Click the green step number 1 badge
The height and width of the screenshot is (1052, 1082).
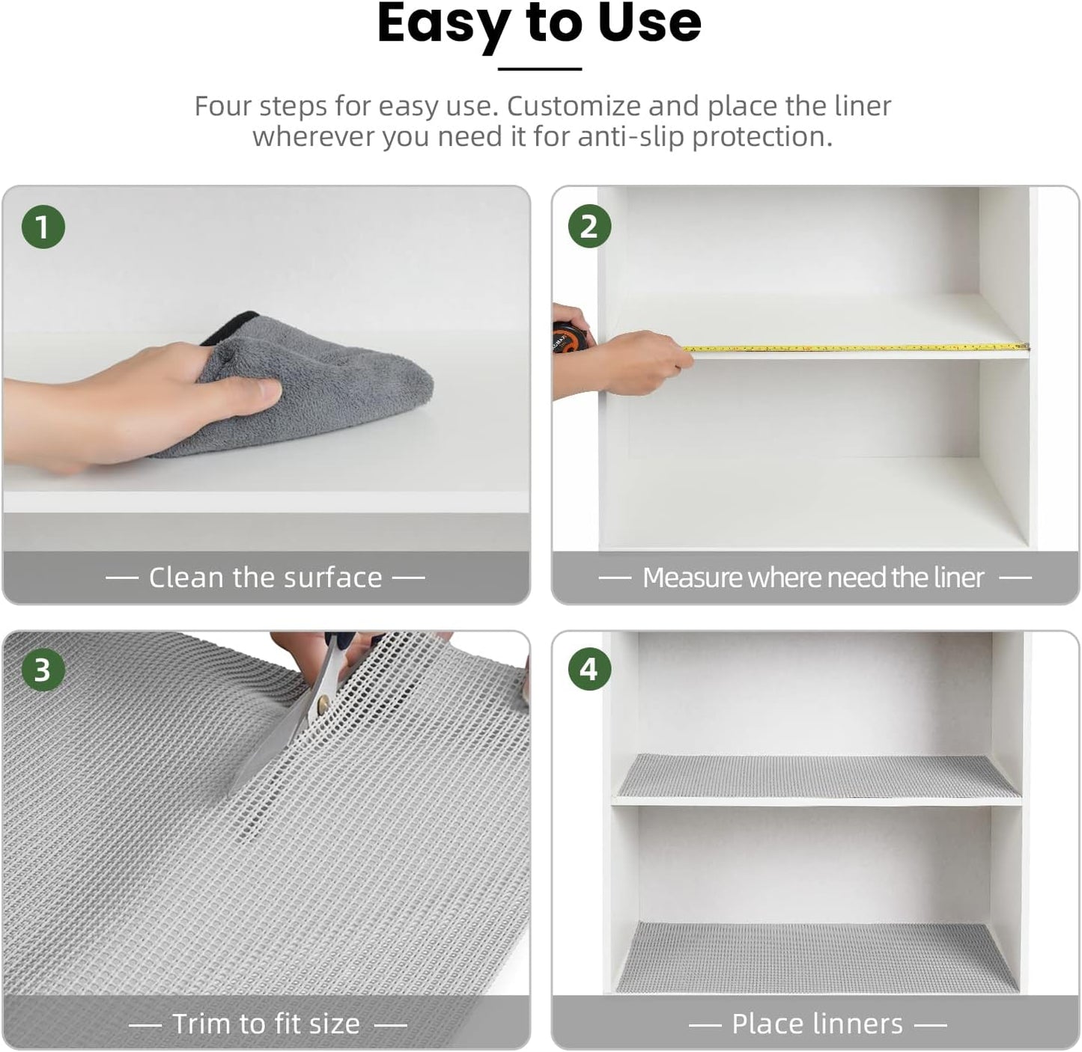(x=43, y=227)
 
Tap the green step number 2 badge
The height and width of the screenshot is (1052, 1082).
(x=589, y=227)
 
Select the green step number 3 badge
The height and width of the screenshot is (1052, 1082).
(x=43, y=670)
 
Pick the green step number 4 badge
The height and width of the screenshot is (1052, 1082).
(x=589, y=670)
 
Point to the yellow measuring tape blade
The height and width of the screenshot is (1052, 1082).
(x=854, y=348)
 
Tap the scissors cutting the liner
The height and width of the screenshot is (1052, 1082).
(x=300, y=718)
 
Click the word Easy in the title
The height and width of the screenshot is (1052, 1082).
(x=442, y=24)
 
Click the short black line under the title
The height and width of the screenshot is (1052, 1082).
(x=539, y=69)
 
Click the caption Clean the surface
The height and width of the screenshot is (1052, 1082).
(x=265, y=578)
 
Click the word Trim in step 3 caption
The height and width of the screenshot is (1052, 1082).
(x=200, y=1023)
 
